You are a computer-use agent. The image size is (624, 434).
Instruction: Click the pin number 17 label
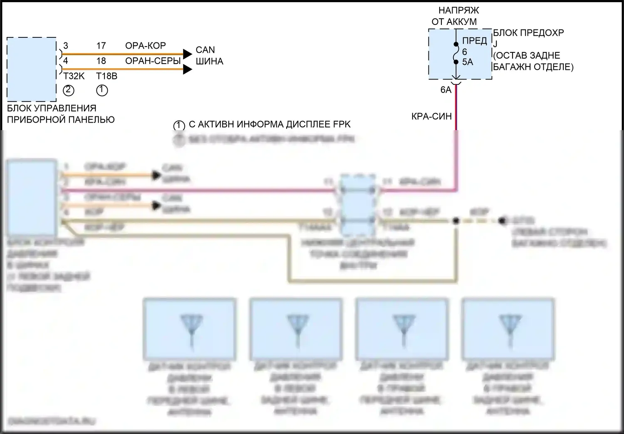pyautogui.click(x=101, y=46)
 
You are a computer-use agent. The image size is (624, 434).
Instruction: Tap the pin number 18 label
pyautogui.click(x=101, y=61)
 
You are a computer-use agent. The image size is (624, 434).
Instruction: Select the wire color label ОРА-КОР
pyautogui.click(x=146, y=46)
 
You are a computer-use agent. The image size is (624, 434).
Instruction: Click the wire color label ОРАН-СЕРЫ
pyautogui.click(x=153, y=61)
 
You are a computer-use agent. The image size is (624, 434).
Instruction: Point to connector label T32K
pyautogui.click(x=74, y=76)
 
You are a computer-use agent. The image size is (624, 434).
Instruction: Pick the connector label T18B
pyautogui.click(x=106, y=76)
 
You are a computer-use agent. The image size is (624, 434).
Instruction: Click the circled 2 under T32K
pyautogui.click(x=68, y=90)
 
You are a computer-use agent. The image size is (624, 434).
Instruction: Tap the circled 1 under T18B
pyautogui.click(x=102, y=90)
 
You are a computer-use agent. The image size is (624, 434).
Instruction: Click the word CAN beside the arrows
pyautogui.click(x=205, y=50)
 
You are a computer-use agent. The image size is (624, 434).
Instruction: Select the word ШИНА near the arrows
pyautogui.click(x=209, y=62)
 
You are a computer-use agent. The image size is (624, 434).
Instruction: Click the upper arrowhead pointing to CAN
pyautogui.click(x=188, y=54)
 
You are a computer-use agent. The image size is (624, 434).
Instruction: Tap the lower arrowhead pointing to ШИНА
pyautogui.click(x=188, y=69)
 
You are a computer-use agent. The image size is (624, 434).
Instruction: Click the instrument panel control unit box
pyautogui.click(x=32, y=69)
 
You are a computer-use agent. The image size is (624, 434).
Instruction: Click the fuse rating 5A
pyautogui.click(x=468, y=62)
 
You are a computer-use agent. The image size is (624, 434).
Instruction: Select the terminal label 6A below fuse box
pyautogui.click(x=446, y=90)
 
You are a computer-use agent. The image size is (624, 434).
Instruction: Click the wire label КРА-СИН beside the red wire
pyautogui.click(x=431, y=117)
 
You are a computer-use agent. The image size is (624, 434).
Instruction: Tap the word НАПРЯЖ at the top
pyautogui.click(x=458, y=10)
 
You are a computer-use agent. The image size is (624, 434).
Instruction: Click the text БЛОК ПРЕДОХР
pyautogui.click(x=528, y=33)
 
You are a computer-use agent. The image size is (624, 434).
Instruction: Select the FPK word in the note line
pyautogui.click(x=342, y=124)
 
